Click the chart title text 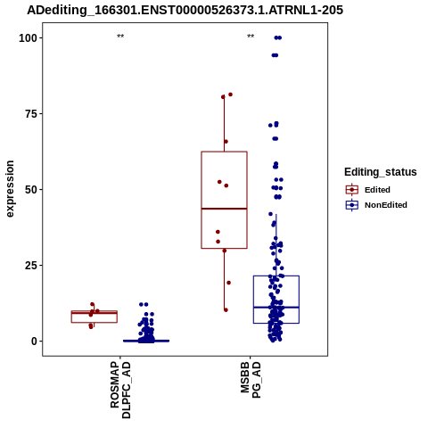pos(185,10)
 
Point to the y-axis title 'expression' pos(10,189)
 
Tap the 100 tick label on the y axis pos(28,38)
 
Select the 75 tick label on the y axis pos(31,114)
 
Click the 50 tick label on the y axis pos(31,190)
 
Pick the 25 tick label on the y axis pos(31,265)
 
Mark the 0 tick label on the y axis pos(34,342)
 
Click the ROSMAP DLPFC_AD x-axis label pos(120,390)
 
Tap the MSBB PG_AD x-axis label pos(251,380)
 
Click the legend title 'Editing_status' pos(381,172)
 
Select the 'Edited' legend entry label pos(377,190)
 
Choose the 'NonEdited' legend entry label pos(386,205)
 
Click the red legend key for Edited pos(352,190)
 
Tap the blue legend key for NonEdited pos(352,205)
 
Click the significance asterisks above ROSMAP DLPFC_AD pos(120,37)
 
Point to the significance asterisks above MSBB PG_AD pos(251,37)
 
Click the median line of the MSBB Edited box pos(224,209)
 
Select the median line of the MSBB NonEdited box pos(276,307)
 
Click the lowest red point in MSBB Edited pos(226,310)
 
